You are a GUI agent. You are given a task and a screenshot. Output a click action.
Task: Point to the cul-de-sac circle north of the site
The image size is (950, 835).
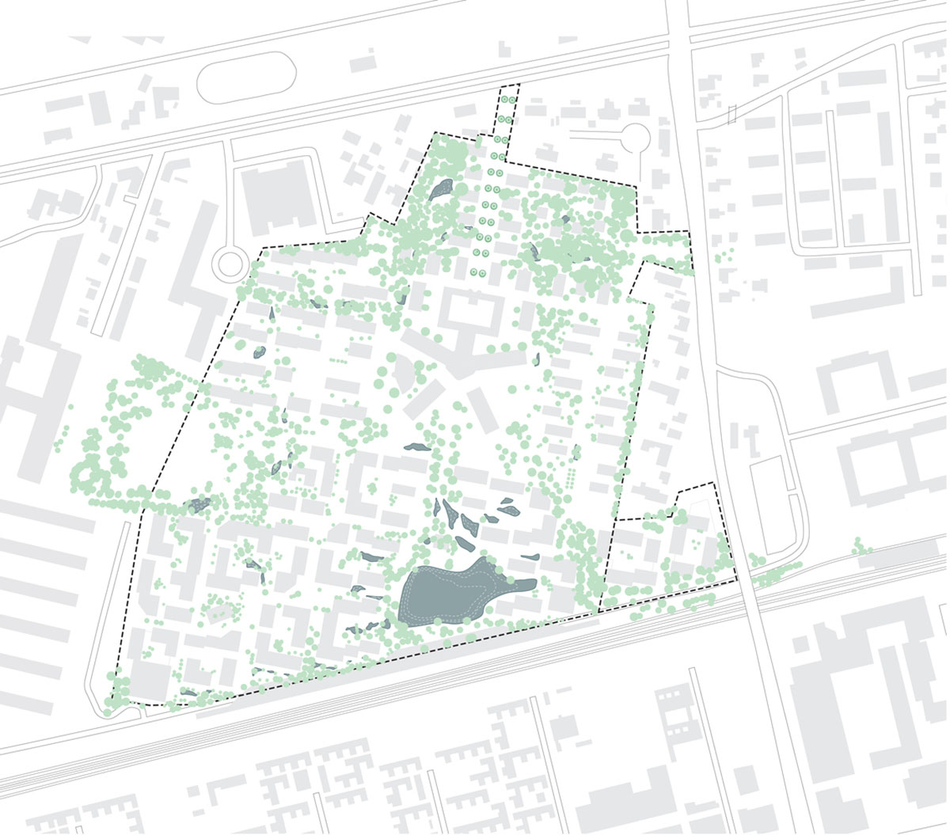point(634,139)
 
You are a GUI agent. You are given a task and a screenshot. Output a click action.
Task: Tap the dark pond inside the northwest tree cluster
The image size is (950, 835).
point(441,188)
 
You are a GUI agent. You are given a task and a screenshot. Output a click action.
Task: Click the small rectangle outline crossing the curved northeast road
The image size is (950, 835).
point(732,114)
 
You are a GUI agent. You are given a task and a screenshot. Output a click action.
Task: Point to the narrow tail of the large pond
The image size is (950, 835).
point(522,586)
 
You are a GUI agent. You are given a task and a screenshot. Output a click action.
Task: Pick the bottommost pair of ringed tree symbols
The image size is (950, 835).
point(481,271)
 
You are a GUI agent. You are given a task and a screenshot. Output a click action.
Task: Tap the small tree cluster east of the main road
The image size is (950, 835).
point(724,258)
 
